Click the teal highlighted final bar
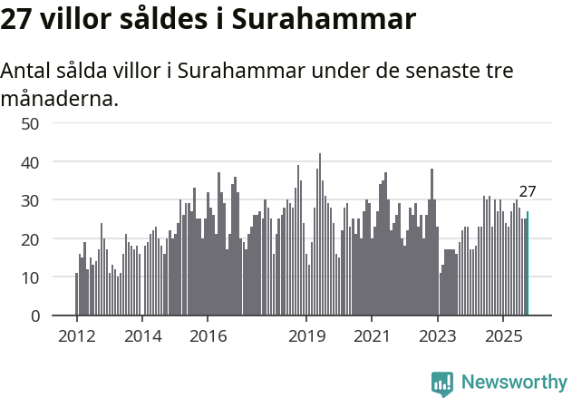coord(528,264)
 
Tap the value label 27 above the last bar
coord(528,191)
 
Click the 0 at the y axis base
coord(34,316)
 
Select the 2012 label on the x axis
coord(76,336)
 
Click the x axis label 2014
coord(142,336)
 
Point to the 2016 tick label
coord(208,336)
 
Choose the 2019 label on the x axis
coord(306,336)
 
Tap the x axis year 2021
coord(372,336)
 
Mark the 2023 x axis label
coord(438,336)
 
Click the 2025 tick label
coord(503,336)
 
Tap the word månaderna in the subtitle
coord(60,98)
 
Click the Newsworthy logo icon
coord(442,383)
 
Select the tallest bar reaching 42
coord(319,235)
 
